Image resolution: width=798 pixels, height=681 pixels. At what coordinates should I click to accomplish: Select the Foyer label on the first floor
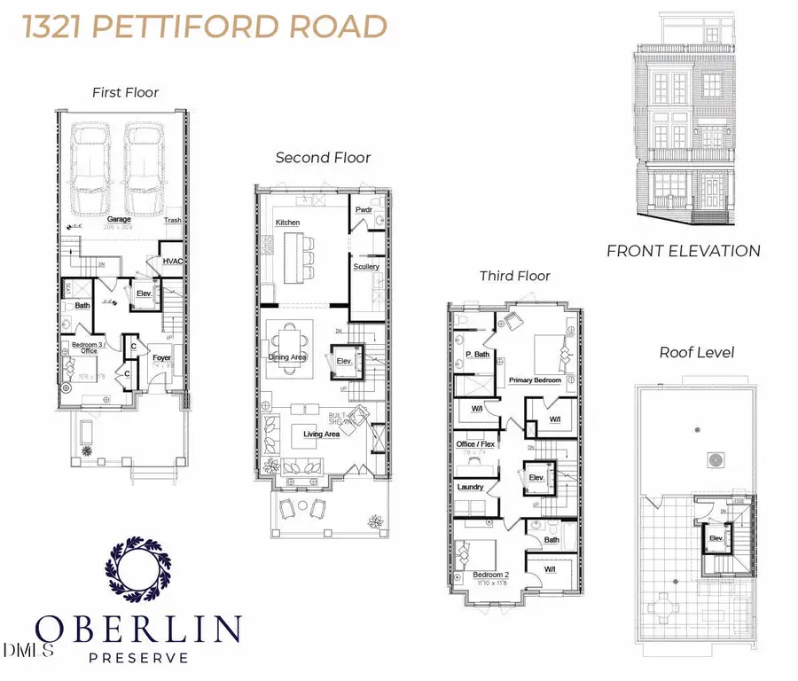click(x=160, y=358)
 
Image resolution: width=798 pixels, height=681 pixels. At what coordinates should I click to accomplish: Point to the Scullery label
click(x=366, y=266)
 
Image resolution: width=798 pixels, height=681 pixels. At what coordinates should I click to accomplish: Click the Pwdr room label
click(x=364, y=210)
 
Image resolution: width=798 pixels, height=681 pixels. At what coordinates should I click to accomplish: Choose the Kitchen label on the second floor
click(x=288, y=222)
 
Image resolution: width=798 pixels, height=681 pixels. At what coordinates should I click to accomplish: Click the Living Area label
click(x=322, y=434)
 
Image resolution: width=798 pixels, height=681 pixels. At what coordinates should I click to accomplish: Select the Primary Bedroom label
click(x=535, y=380)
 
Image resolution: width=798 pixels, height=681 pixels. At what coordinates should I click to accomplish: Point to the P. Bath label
click(x=478, y=355)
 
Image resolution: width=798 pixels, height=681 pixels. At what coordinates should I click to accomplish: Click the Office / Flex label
click(x=476, y=443)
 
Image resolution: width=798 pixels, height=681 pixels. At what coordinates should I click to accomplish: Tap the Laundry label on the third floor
click(x=470, y=487)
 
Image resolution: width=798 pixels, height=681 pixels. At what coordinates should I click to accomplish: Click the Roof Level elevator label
click(x=714, y=537)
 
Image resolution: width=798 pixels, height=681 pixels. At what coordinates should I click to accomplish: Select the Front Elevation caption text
click(x=683, y=251)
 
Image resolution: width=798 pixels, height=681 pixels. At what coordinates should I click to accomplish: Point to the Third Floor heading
click(x=515, y=276)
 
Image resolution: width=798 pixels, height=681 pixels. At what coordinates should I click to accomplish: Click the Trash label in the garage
click(x=173, y=221)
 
